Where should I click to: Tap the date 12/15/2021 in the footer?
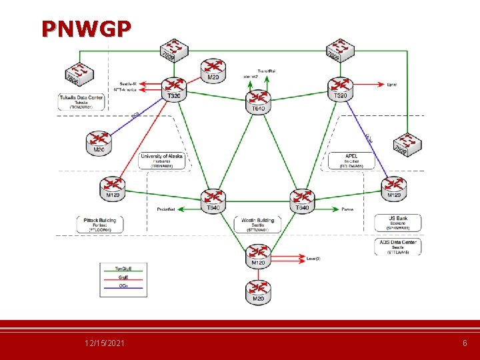pyautogui.click(x=104, y=343)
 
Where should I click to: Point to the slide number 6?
pyautogui.click(x=465, y=343)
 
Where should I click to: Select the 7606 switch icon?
pyautogui.click(x=81, y=73)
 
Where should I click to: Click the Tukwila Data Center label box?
pyautogui.click(x=81, y=101)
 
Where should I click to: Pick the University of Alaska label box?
pyautogui.click(x=161, y=161)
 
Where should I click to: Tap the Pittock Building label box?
pyautogui.click(x=99, y=224)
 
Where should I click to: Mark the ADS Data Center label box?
pyautogui.click(x=397, y=247)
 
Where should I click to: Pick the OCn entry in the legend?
pyautogui.click(x=123, y=286)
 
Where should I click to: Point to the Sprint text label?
pyautogui.click(x=393, y=85)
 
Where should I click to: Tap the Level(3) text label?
pyautogui.click(x=313, y=258)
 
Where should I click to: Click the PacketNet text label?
pyautogui.click(x=166, y=209)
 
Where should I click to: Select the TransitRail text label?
pyautogui.click(x=267, y=71)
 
